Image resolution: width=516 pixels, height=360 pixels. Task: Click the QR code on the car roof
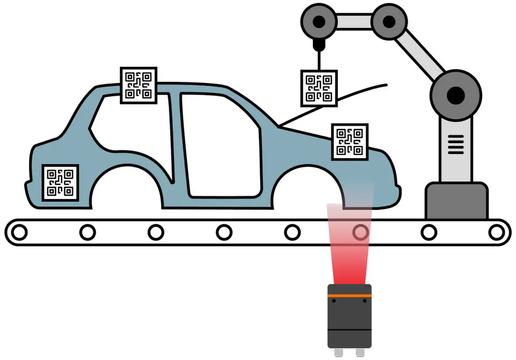[x=138, y=84]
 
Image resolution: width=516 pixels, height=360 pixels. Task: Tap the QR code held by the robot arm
[x=319, y=88]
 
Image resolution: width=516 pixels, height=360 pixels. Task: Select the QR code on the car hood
[x=349, y=142]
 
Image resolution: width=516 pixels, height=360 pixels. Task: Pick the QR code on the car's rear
[x=60, y=182]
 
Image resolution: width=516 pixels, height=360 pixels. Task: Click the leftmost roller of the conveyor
[x=19, y=232]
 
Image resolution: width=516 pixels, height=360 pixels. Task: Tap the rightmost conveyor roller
[x=496, y=232]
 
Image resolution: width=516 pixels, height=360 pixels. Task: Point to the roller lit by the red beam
[x=360, y=232]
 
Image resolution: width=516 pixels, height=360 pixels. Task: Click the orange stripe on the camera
[x=350, y=296]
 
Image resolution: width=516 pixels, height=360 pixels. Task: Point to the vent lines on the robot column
[x=454, y=143]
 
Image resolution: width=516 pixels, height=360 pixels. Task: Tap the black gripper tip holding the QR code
[x=319, y=47]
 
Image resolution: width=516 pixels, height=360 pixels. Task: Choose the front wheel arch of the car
[x=310, y=191]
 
